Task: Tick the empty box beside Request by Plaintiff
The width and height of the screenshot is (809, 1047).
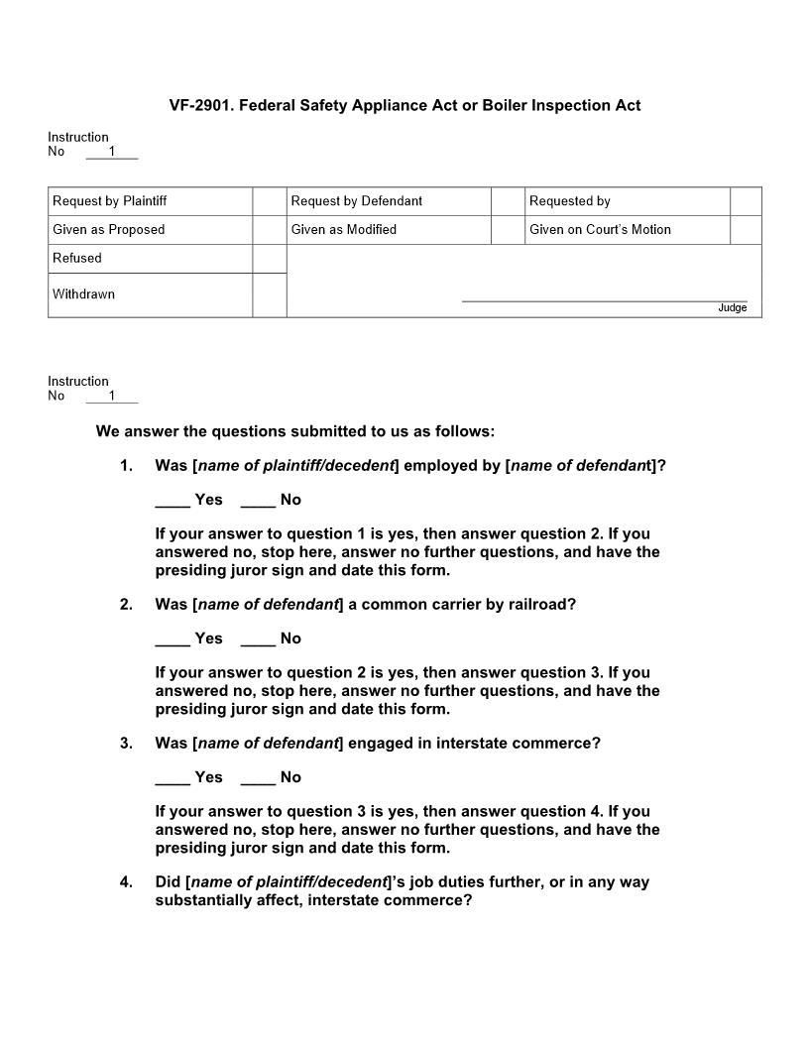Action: point(269,201)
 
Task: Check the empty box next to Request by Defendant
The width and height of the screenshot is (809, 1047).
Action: point(508,201)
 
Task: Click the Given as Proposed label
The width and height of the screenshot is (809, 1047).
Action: point(109,230)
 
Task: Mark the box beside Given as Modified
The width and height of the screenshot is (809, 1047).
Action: point(508,230)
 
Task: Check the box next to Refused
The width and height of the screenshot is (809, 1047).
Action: point(269,259)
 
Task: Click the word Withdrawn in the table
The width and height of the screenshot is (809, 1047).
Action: point(83,294)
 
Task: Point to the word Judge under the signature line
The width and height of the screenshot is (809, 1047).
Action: point(732,308)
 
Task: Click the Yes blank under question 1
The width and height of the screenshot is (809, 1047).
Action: point(173,501)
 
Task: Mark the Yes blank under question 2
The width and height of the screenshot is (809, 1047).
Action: point(173,640)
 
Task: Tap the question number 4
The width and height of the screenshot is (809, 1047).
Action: point(126,882)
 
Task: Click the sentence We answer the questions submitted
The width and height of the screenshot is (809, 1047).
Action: point(294,432)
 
